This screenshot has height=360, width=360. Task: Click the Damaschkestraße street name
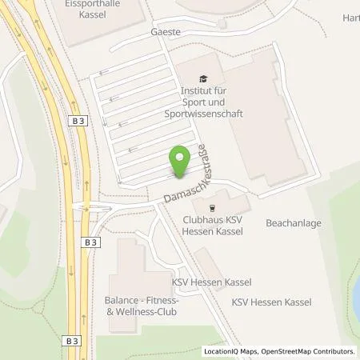[x=186, y=177]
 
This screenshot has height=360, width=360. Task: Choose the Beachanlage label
[x=294, y=223]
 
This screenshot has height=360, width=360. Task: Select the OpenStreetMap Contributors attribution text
[x=307, y=351]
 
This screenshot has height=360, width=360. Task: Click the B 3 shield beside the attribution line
[x=72, y=340]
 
